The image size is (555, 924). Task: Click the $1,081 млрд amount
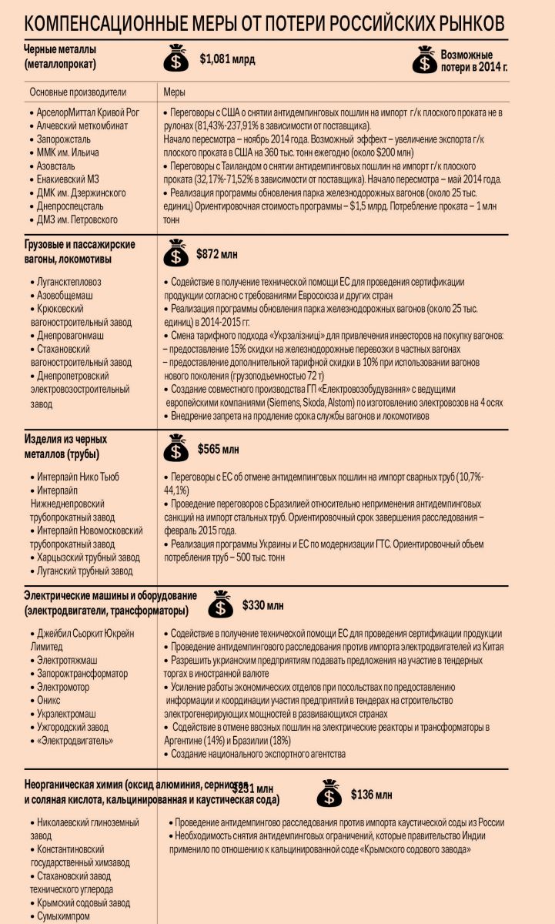point(227,59)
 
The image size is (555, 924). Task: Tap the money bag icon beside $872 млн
point(177,253)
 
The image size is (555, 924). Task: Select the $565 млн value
point(219,449)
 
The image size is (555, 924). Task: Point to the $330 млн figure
point(262,605)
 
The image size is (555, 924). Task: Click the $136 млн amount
point(372,794)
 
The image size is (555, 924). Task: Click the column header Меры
point(175,92)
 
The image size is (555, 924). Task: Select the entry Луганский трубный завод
point(85,571)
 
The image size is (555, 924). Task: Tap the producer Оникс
point(55,700)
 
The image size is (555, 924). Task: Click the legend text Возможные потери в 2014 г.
point(473,61)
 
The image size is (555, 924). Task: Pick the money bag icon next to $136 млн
point(329,794)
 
